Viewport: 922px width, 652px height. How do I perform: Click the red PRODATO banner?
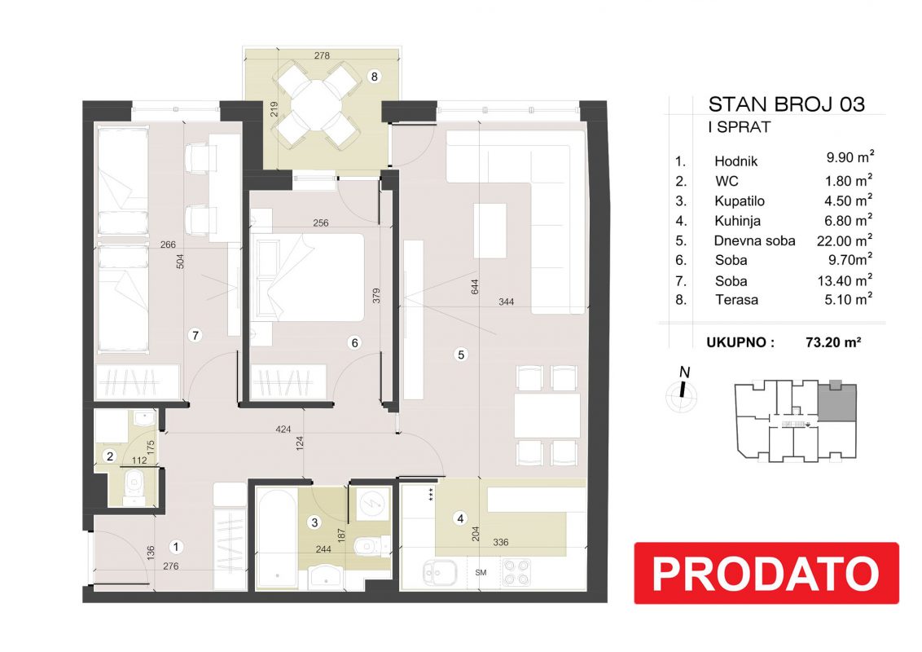tap(766, 573)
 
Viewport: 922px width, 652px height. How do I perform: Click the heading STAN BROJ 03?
tap(786, 104)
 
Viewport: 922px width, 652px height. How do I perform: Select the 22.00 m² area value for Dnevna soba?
tap(845, 240)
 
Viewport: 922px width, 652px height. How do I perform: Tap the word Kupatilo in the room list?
tap(739, 201)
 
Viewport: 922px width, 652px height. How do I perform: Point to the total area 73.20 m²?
tap(833, 341)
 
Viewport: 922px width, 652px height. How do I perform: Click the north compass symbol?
tap(682, 390)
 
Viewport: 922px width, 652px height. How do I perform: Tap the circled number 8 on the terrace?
tap(374, 76)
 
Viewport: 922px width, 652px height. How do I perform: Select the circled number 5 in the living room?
tap(461, 355)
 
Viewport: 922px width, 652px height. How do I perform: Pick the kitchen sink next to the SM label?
tap(439, 573)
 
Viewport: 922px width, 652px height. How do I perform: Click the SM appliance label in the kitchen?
tap(481, 573)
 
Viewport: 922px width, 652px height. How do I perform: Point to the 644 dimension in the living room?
tap(475, 287)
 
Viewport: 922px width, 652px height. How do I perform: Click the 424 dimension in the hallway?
tap(283, 430)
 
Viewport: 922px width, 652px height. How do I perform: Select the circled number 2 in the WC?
tap(110, 456)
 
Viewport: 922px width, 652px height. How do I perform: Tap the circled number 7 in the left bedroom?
tap(195, 336)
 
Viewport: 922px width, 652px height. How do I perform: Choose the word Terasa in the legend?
tap(736, 300)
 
